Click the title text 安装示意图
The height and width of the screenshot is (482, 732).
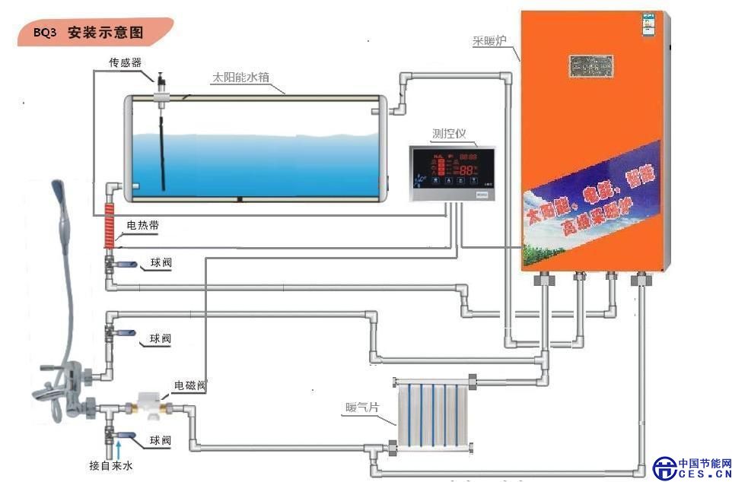point(105,33)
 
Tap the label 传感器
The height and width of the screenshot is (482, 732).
point(125,62)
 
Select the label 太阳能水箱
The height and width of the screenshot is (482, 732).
point(240,78)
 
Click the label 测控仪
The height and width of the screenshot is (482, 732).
point(449,134)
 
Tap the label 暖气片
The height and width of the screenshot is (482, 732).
point(361,408)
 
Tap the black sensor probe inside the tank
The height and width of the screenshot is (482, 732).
point(161,148)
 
